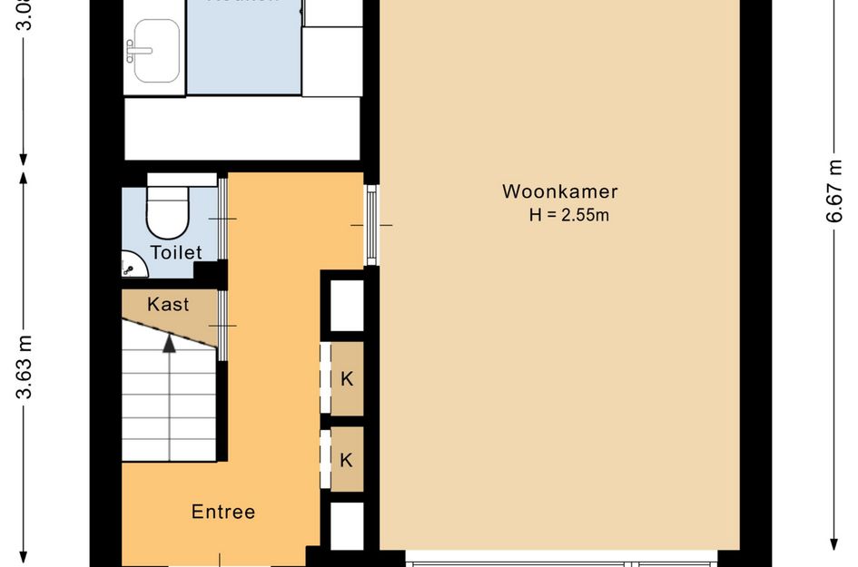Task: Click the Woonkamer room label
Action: [x=560, y=192]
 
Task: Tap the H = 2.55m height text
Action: [x=569, y=215]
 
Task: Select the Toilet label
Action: [x=176, y=252]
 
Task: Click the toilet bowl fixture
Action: [x=167, y=216]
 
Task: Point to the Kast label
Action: [x=168, y=304]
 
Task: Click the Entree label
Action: [x=223, y=512]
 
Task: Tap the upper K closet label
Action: [x=346, y=379]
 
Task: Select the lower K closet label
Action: [x=346, y=460]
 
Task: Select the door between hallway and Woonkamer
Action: [x=371, y=224]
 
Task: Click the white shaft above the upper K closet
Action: [x=346, y=306]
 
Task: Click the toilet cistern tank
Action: [x=182, y=179]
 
